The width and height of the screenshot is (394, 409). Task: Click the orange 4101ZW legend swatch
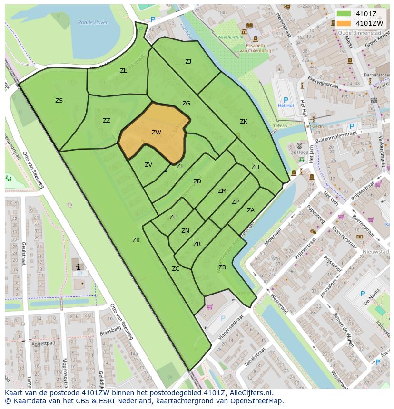[343, 23]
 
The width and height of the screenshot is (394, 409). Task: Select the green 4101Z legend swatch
[343, 13]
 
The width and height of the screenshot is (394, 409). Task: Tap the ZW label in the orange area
[157, 133]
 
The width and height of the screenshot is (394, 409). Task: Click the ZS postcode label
[59, 100]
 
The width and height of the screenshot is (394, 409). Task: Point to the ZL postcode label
[123, 70]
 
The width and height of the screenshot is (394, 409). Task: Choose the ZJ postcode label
[188, 61]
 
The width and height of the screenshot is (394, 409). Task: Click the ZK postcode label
[244, 122]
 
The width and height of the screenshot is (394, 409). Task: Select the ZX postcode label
[136, 240]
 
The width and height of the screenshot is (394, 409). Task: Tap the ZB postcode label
[222, 267]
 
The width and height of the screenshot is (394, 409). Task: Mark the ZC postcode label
[176, 269]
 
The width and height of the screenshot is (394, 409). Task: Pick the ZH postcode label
[255, 167]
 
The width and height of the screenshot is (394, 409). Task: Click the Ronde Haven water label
[93, 22]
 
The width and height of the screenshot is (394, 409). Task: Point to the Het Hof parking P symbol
[286, 100]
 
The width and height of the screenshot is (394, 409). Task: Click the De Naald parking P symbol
[363, 294]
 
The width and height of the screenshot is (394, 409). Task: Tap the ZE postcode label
[173, 217]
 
